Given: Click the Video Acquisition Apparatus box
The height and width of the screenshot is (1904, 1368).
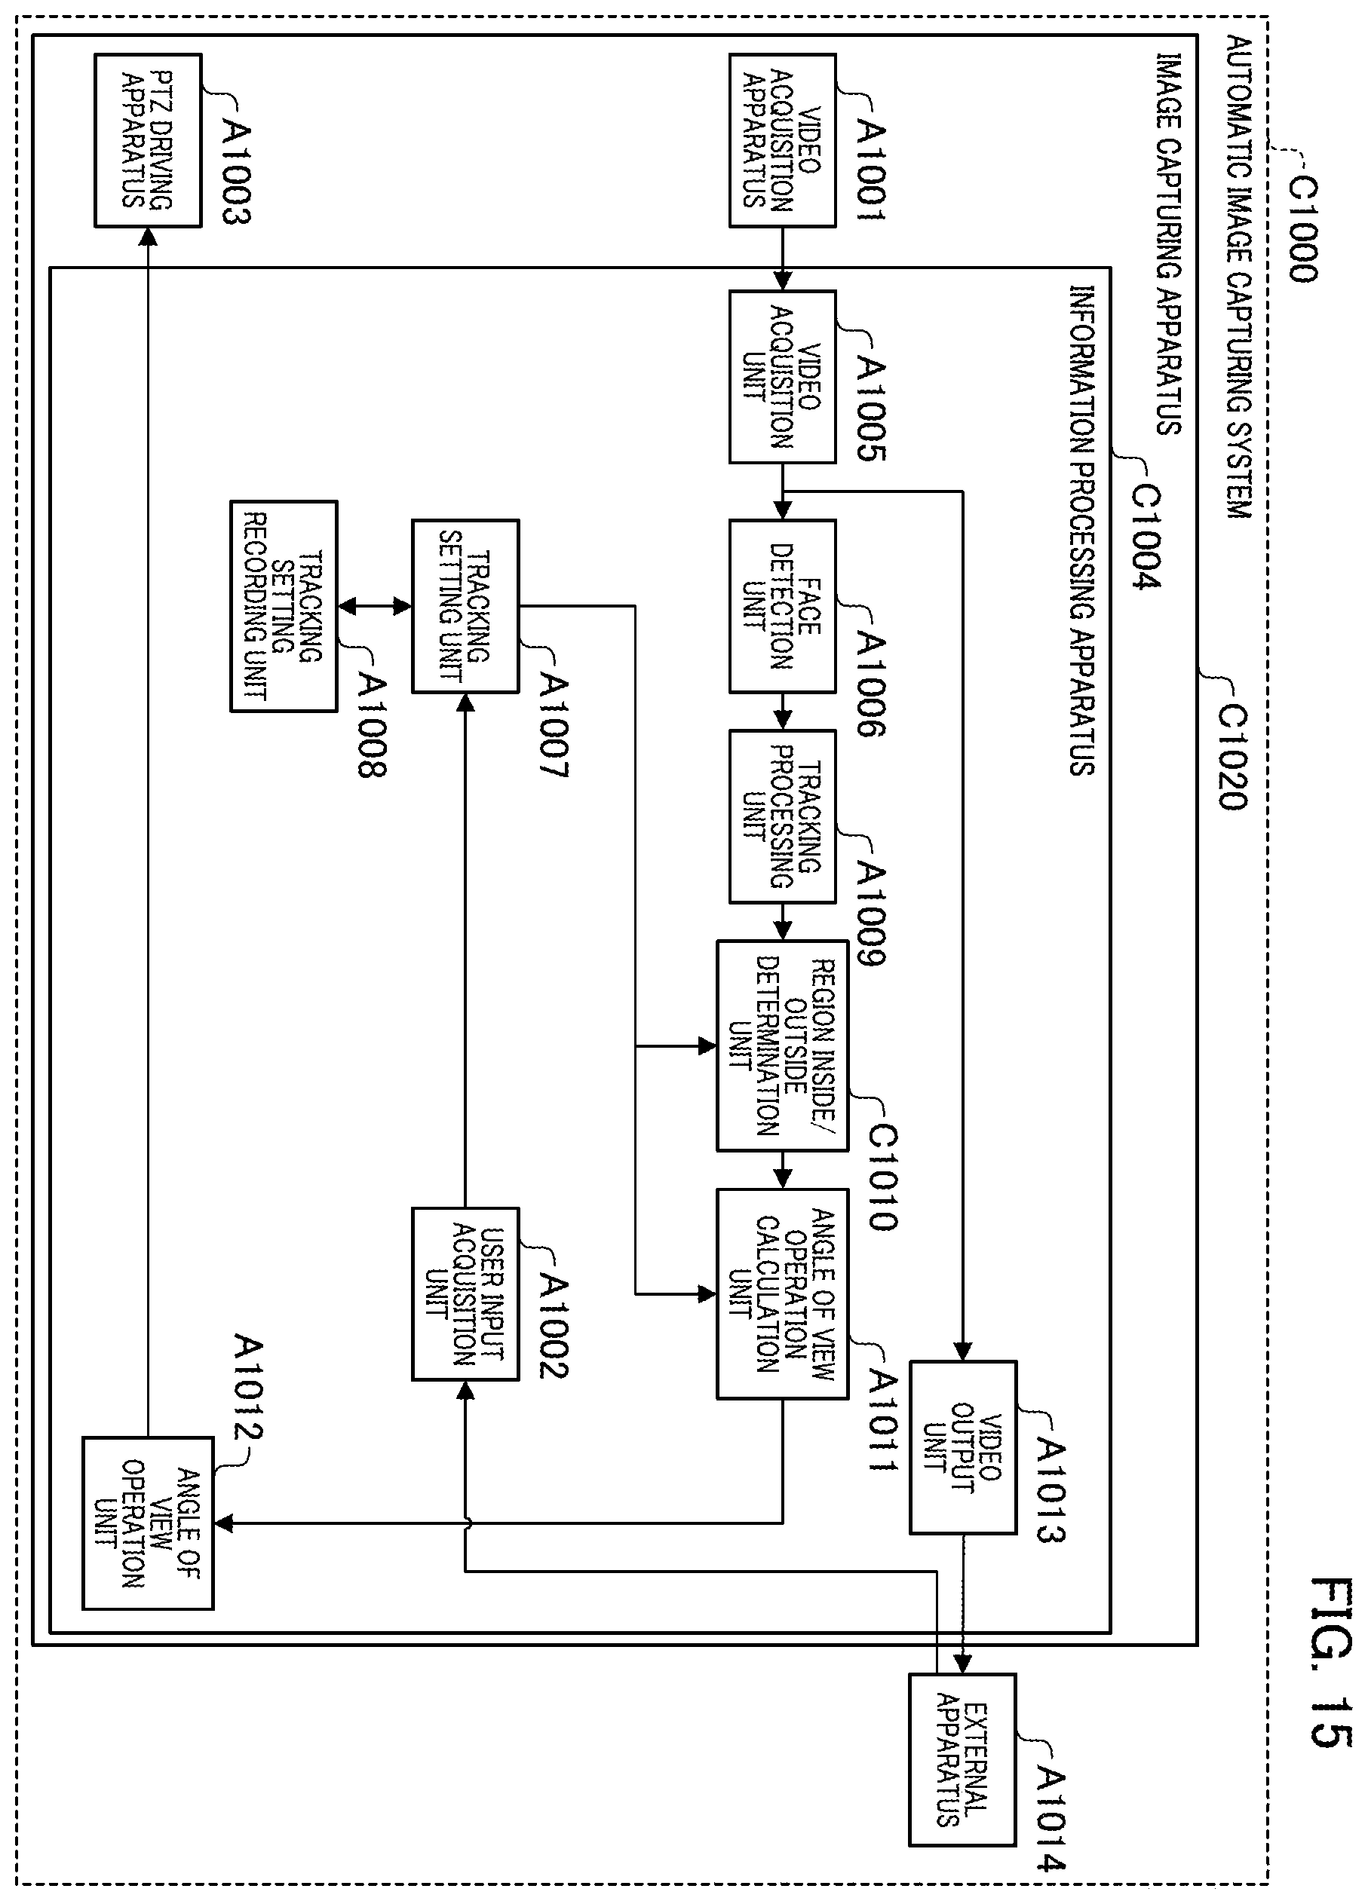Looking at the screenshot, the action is coord(782,140).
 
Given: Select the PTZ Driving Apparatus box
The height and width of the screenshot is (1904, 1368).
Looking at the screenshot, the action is coord(148,140).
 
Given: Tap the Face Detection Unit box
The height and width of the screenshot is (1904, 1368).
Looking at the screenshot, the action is coord(782,606).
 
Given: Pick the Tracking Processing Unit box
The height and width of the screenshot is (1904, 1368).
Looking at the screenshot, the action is coord(782,817).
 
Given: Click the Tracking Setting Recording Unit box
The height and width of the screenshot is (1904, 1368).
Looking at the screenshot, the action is coord(284,606).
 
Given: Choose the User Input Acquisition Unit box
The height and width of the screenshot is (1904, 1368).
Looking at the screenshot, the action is coord(465,1293).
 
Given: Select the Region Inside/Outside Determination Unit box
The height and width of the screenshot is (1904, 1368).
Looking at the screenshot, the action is coord(782,1045).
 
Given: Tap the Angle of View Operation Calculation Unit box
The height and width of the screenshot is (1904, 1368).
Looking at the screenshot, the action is coord(782,1293).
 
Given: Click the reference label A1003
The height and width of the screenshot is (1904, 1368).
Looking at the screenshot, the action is coord(237,172).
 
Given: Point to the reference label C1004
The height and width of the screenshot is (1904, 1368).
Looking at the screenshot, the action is coord(1146,537).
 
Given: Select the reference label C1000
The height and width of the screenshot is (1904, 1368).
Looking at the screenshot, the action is coord(1302,230).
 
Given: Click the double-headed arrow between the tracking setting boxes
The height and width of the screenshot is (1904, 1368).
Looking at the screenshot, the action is coord(375,606).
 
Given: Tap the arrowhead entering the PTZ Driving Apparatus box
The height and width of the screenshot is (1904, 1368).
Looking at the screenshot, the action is coord(148,237).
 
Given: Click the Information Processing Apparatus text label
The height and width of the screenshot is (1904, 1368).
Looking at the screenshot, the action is coord(1081,530).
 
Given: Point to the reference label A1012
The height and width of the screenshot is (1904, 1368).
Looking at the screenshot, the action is coord(248,1387).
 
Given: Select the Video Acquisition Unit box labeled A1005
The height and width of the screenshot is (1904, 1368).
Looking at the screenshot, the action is coord(782,377).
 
